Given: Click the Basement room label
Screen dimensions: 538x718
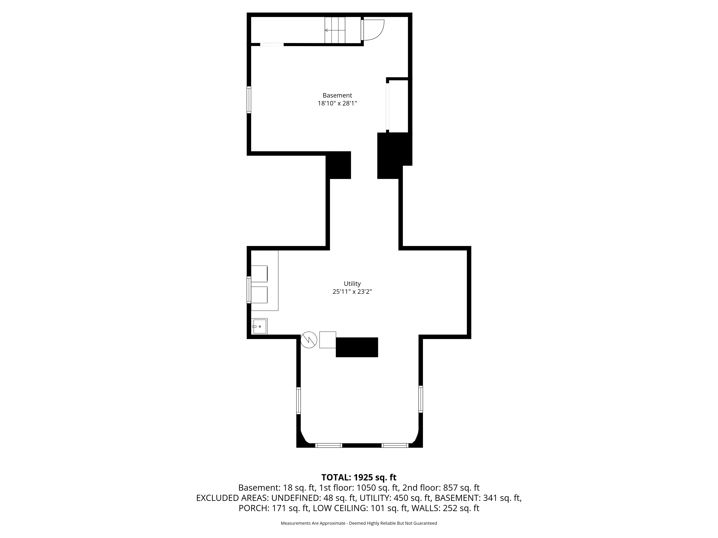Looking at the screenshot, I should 337,95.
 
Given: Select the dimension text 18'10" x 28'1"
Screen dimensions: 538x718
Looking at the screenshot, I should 337,103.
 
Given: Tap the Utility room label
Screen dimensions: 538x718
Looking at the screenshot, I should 352,284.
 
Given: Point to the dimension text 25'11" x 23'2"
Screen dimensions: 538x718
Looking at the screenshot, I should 352,292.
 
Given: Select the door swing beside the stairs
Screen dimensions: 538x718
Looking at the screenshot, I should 373,30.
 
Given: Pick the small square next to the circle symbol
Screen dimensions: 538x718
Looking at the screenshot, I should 328,339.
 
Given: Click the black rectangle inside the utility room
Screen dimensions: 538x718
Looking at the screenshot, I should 357,347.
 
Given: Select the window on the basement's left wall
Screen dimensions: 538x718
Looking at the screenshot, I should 249,100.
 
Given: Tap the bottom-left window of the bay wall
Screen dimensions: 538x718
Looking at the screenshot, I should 328,445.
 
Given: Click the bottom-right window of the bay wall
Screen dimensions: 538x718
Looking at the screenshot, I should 395,445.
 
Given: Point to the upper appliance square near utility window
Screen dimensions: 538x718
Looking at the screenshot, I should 259,273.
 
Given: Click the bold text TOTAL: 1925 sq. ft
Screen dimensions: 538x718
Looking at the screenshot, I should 359,477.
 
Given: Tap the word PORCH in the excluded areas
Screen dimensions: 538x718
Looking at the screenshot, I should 253,508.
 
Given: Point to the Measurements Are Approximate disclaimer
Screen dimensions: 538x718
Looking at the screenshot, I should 359,523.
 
